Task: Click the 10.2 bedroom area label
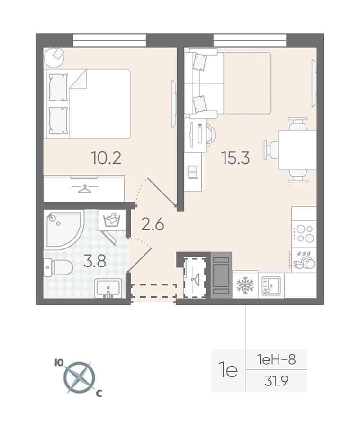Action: (106, 158)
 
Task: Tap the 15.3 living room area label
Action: (235, 158)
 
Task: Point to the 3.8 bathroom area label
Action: (95, 261)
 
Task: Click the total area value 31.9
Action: (276, 381)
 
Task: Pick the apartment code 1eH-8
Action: (276, 359)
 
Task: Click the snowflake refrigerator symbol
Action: (245, 285)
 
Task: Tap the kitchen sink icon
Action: (271, 285)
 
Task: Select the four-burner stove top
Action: (304, 234)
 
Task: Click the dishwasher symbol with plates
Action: (304, 260)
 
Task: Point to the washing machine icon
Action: (113, 220)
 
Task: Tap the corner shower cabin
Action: (64, 230)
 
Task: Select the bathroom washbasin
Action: (108, 288)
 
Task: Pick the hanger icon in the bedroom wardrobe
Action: (84, 189)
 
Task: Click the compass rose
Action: (79, 377)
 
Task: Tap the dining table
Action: (297, 150)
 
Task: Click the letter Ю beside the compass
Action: (59, 363)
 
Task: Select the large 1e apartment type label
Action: (228, 370)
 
